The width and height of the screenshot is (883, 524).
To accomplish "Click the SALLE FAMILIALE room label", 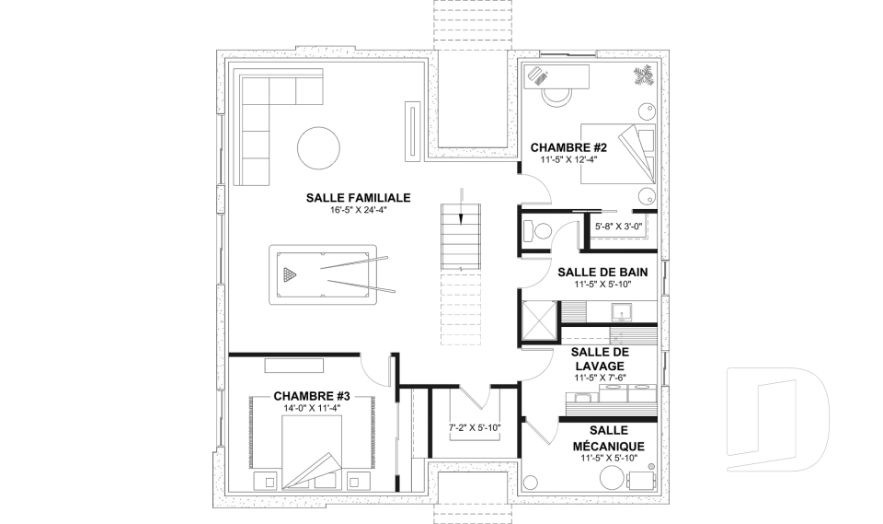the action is point(358,198).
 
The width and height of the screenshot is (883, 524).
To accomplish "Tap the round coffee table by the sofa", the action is point(318,148).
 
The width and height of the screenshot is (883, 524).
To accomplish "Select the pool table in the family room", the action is point(323,274).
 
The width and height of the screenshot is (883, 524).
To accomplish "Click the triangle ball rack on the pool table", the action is point(290,274).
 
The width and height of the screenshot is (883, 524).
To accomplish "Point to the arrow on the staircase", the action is point(461,206).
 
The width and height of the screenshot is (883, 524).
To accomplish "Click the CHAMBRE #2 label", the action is point(568,147).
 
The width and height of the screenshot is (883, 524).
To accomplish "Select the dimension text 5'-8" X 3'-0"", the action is point(618,227).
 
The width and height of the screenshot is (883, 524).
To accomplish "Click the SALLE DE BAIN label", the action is point(602,273).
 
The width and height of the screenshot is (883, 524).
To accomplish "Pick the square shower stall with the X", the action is point(539,320).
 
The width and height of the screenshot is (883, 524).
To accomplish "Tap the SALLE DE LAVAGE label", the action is point(600,359).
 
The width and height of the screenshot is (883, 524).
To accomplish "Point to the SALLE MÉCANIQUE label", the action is point(609,438).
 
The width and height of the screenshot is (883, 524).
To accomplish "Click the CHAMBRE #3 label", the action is point(312,396).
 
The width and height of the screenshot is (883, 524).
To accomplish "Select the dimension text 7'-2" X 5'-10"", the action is point(475,427).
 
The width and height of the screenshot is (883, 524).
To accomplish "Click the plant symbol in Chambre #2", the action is point(643,76).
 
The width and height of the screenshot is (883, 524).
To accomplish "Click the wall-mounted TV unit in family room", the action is point(412,132).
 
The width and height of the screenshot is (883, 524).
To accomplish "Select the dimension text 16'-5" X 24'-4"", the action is point(359,210).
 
